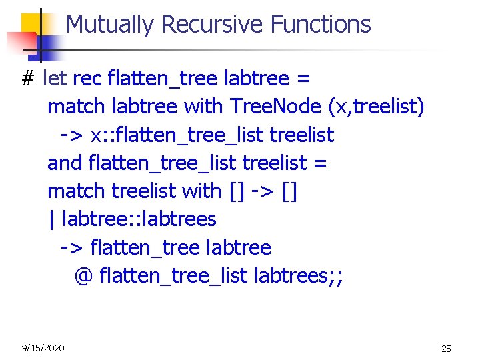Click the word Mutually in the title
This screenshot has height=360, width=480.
[111, 25]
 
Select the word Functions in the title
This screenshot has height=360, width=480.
[321, 25]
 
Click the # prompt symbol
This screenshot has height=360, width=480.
[27, 79]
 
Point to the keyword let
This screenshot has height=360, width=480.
[54, 79]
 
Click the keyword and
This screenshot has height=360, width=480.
[65, 163]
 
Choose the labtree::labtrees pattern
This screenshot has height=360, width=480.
[139, 219]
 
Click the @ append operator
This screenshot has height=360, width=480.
[83, 275]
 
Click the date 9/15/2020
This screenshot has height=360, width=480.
[43, 348]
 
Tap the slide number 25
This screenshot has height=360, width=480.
[446, 349]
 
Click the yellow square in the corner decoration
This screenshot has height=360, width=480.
[31, 25]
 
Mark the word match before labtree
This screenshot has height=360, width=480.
[77, 107]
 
